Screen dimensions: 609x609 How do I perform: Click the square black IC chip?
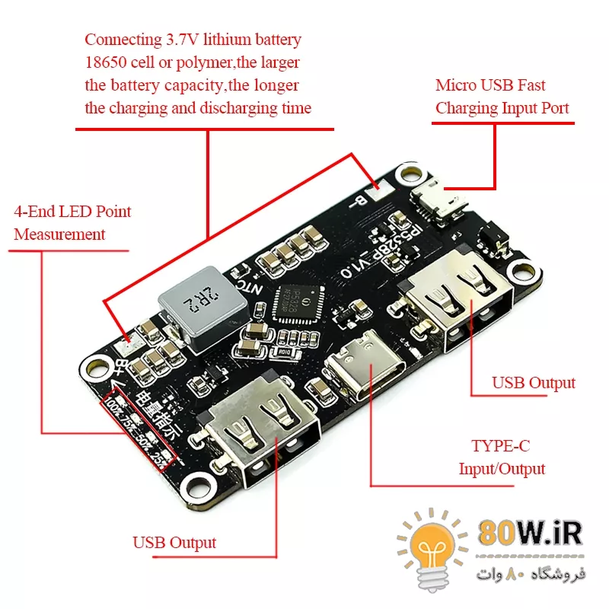tap(297, 304)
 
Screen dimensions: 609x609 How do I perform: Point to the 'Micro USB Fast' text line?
tap(490, 85)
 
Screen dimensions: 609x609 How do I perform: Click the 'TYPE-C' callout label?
tap(501, 445)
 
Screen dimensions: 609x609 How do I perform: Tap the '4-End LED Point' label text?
tap(72, 212)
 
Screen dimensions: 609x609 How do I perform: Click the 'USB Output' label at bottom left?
tap(174, 543)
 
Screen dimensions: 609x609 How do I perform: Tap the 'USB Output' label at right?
tap(534, 382)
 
